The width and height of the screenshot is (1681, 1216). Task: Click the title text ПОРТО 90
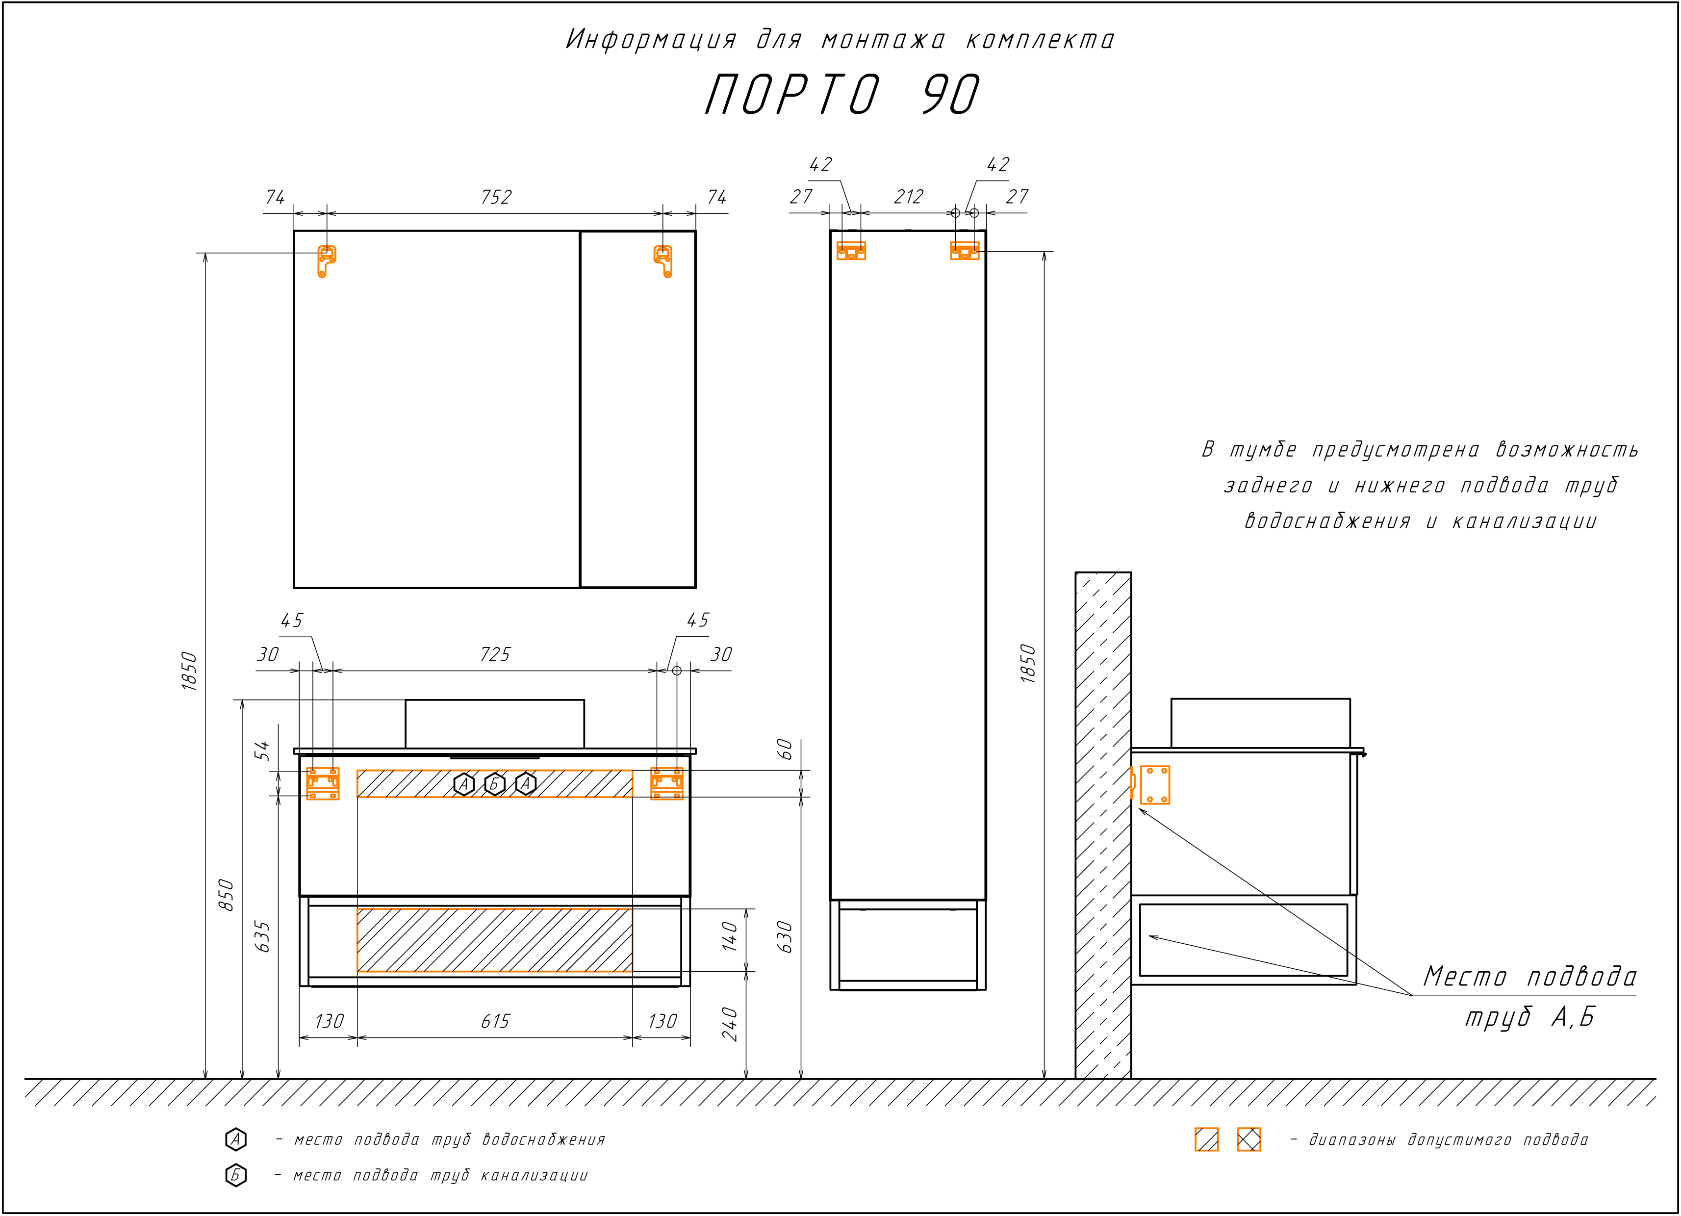pos(841,95)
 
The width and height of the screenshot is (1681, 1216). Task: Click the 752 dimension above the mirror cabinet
pos(496,197)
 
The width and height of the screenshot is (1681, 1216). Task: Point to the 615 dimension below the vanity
pos(495,1022)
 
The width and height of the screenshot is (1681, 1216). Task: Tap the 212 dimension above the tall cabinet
pos(909,197)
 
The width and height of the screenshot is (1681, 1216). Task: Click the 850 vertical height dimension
pos(227,895)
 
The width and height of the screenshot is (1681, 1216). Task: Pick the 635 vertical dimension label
pos(262,936)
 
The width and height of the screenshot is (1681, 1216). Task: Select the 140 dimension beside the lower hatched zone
pos(730,936)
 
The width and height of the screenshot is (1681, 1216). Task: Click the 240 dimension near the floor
pos(730,1024)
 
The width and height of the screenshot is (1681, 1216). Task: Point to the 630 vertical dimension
pos(786,937)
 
